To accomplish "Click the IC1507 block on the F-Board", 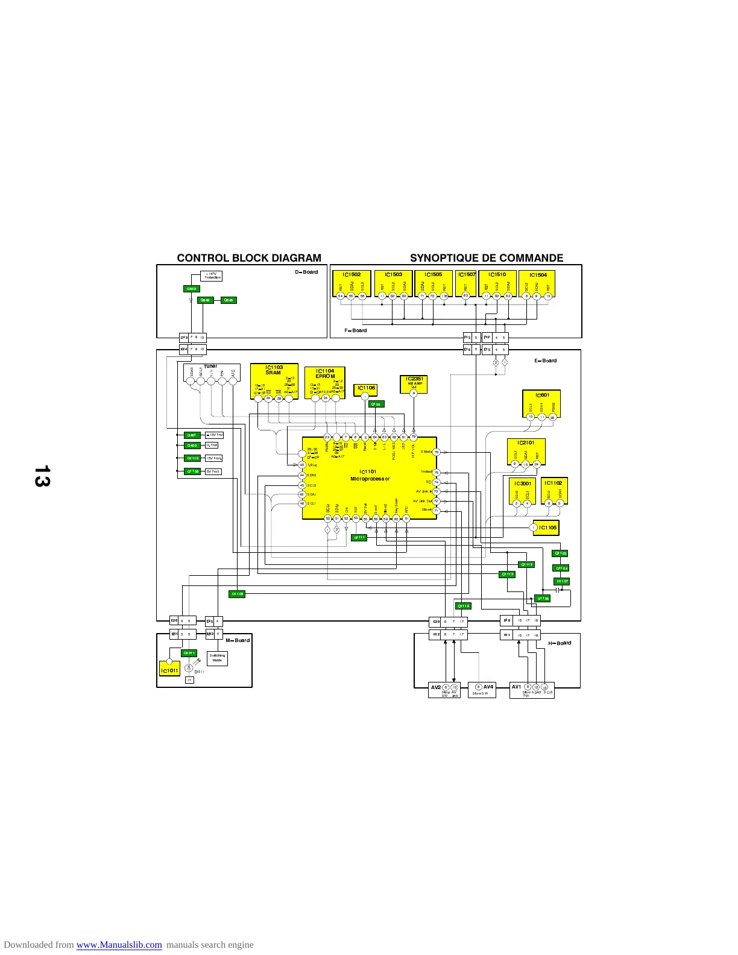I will click(466, 283).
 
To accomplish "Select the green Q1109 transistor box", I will click(237, 594).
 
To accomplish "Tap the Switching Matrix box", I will click(217, 658).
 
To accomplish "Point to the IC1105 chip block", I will click(546, 528).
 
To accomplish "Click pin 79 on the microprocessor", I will click(414, 437).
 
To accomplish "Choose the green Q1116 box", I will click(462, 606).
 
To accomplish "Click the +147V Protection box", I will click(211, 276).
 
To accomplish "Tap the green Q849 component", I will click(191, 289).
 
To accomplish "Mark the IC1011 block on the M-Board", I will click(169, 670).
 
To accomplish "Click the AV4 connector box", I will click(484, 690).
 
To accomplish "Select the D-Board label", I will click(306, 272).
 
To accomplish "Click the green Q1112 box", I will click(526, 564).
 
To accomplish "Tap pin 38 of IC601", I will click(552, 417).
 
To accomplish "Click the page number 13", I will click(43, 476).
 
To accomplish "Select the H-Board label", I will click(560, 643).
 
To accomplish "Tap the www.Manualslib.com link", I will click(119, 945).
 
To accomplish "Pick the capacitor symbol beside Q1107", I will click(559, 590).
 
